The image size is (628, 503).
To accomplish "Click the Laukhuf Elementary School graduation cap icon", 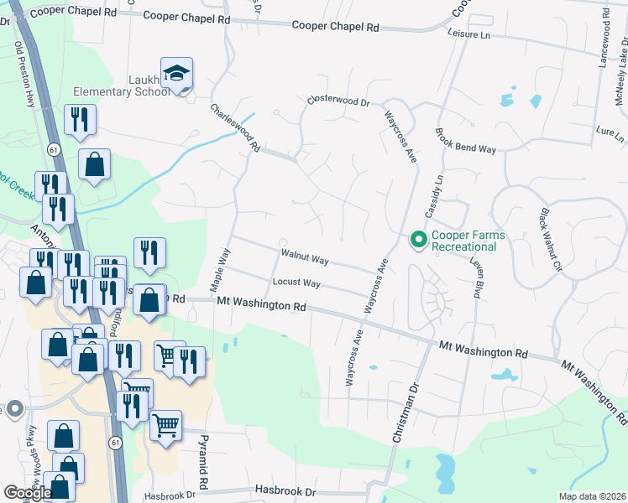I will (177, 74).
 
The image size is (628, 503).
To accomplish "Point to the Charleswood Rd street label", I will (235, 127).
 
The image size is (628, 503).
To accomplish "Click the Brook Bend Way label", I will (465, 140).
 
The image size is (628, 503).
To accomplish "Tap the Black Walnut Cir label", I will (550, 240).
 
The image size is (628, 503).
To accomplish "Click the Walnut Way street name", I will (305, 252).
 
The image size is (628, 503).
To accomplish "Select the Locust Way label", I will (296, 283).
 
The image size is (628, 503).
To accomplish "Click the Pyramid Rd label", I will (202, 461).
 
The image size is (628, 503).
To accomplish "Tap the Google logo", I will (28, 493).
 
